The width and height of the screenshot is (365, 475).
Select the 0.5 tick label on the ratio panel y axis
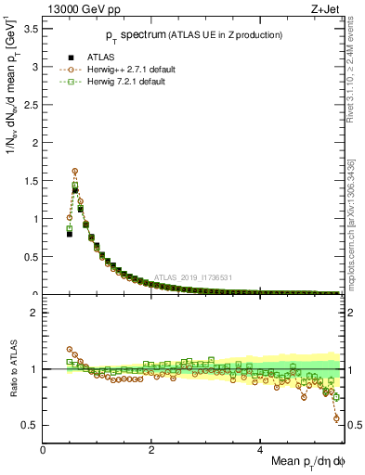[31, 425]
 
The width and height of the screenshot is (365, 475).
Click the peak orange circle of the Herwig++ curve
[75, 171]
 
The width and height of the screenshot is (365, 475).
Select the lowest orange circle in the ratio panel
[336, 418]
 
